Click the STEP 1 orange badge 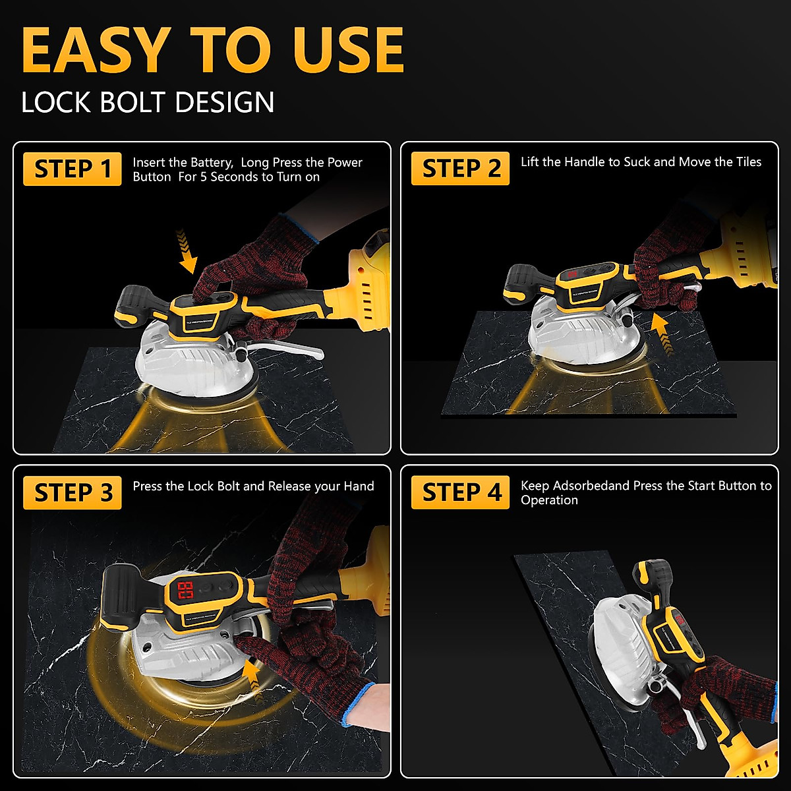coord(73,169)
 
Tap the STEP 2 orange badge coord(460,168)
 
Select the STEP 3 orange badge coord(73,492)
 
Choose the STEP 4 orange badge coord(460,492)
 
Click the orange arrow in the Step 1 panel coord(187,250)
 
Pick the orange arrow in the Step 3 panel coord(253,682)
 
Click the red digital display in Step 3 coord(185,590)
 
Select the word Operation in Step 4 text coord(549,500)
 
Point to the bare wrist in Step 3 coord(366,707)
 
